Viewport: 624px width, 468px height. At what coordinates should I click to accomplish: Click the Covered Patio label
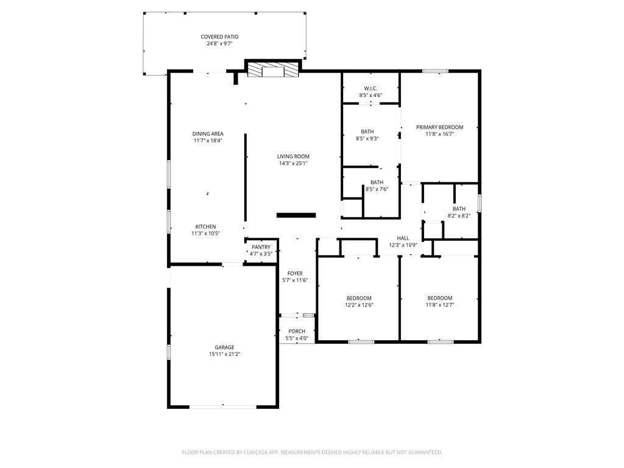(219, 37)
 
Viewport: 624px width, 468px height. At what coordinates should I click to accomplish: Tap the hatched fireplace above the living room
(272, 69)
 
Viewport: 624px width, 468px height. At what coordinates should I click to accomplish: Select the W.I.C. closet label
(370, 88)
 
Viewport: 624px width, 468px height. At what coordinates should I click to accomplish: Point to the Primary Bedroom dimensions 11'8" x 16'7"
(439, 134)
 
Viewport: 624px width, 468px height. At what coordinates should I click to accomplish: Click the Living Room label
(293, 157)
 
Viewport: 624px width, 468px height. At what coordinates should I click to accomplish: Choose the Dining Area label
(208, 133)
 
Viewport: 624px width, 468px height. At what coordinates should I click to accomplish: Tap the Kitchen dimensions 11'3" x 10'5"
(205, 233)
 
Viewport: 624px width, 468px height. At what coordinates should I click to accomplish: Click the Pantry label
(261, 247)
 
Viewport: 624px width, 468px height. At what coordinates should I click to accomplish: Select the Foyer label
(295, 274)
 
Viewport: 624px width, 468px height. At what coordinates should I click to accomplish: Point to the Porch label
(297, 331)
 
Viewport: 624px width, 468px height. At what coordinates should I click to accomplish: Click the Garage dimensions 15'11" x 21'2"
(224, 354)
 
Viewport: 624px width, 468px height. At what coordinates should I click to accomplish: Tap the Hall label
(403, 238)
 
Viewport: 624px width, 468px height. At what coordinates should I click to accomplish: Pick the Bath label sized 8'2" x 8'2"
(459, 208)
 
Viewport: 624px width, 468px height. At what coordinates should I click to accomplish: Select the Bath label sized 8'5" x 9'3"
(367, 132)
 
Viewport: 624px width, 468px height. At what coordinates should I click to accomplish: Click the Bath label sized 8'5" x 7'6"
(377, 182)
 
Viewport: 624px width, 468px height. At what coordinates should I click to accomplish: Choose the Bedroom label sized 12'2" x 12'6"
(359, 298)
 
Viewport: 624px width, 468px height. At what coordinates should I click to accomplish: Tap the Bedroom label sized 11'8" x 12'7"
(440, 298)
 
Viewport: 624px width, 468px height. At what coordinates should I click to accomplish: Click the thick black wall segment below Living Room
(296, 215)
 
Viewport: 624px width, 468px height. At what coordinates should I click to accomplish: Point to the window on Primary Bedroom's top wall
(435, 71)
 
